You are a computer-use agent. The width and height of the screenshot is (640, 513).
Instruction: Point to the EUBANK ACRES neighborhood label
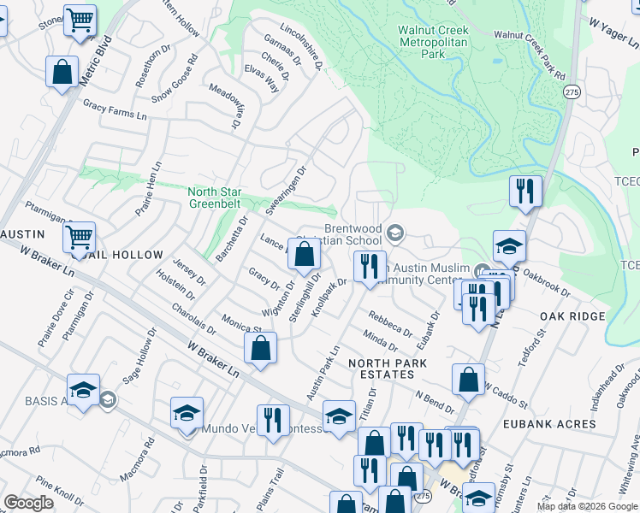coord(549,424)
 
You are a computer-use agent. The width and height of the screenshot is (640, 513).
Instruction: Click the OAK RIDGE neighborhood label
coord(572,316)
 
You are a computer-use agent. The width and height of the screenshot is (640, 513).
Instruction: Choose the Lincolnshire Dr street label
coord(305,51)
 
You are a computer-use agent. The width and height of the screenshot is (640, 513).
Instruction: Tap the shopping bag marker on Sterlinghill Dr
coord(304,254)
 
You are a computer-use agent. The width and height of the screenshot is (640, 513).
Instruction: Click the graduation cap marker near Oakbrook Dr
coord(509,247)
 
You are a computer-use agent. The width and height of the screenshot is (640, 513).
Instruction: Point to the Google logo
coord(28,503)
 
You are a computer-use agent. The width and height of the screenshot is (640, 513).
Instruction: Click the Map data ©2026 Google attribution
coord(587,506)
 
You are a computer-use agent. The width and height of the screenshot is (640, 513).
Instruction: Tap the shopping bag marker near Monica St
coord(261,349)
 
